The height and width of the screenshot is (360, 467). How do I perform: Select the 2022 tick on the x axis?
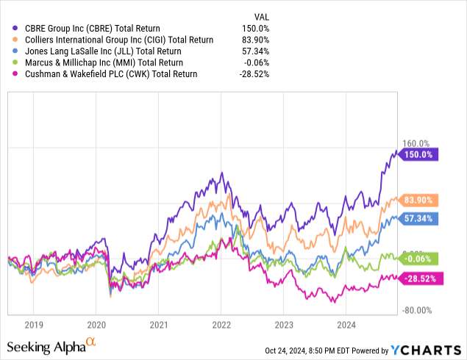coord(221,323)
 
